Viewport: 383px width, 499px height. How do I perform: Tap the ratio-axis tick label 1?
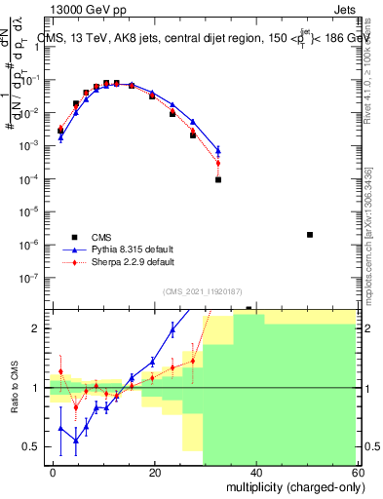(40, 388)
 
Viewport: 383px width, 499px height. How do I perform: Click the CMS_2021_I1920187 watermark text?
(203, 289)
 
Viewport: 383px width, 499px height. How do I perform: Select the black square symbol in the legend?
(74, 236)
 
